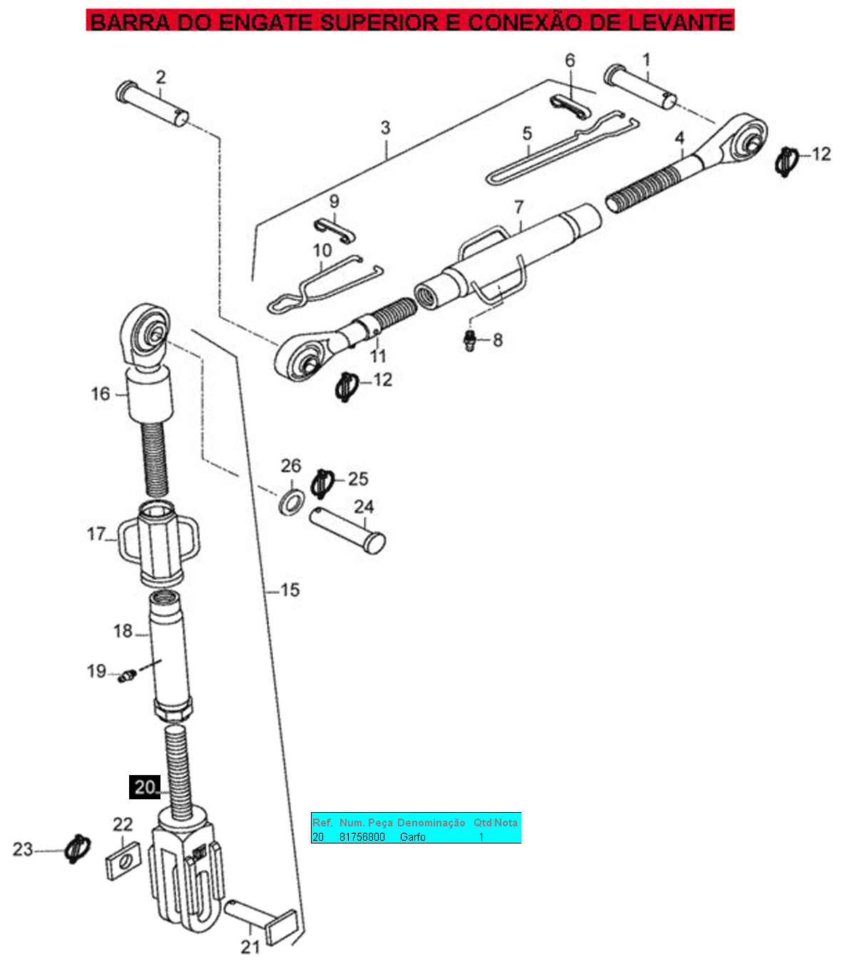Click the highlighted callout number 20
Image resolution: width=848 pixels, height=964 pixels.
point(145,787)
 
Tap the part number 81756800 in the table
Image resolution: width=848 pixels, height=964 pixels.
point(362,837)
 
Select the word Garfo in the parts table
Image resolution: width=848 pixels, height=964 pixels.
point(412,837)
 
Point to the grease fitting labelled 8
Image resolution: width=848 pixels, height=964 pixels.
point(470,340)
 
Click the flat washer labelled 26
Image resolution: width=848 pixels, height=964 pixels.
point(292,501)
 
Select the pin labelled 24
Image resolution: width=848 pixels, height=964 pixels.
point(347,530)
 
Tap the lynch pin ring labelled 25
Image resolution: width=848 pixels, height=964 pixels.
point(322,483)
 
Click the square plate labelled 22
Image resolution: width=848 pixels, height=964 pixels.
point(123,861)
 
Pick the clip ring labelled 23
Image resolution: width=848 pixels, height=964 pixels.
point(77,849)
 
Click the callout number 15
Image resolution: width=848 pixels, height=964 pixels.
point(290,590)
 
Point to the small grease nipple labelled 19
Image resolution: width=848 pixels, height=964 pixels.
point(127,675)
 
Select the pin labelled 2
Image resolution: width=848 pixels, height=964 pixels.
point(153,103)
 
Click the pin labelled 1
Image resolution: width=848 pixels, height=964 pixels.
point(640,86)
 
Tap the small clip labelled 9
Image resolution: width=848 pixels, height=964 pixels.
point(334,231)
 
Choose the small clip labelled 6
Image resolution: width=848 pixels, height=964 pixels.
point(570,108)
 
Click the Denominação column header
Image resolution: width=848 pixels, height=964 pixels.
point(431,823)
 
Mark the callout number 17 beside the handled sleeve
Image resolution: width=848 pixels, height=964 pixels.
point(96,534)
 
